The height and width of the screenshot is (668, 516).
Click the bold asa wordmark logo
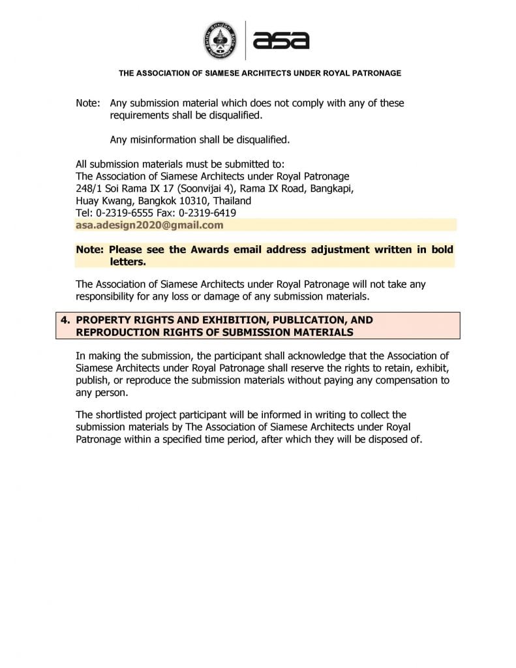click(281, 40)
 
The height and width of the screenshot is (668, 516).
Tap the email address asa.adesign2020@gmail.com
click(149, 225)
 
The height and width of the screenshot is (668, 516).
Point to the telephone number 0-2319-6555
click(122, 213)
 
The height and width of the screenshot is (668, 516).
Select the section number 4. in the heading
click(65, 320)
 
